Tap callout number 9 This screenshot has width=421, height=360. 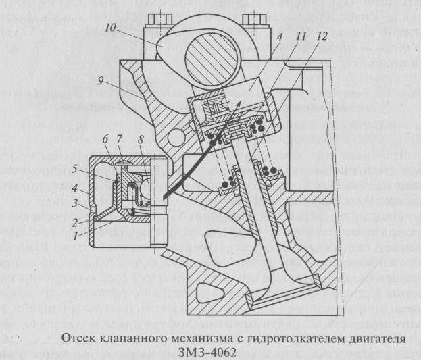click(101, 80)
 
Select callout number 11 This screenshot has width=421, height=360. click(300, 36)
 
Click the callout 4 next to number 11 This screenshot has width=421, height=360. click(280, 37)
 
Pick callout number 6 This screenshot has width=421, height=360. click(105, 139)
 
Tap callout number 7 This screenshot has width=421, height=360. click(120, 139)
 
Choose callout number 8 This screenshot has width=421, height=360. click(141, 140)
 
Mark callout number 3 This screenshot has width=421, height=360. click(74, 203)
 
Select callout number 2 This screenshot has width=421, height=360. click(74, 223)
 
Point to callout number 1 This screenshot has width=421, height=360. click(76, 236)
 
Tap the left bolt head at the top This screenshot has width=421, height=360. click(159, 19)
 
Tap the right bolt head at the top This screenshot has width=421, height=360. click(254, 19)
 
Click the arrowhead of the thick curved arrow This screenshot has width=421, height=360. click(239, 105)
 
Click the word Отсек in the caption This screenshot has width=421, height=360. click(79, 338)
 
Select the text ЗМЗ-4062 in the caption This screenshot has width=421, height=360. click(207, 352)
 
